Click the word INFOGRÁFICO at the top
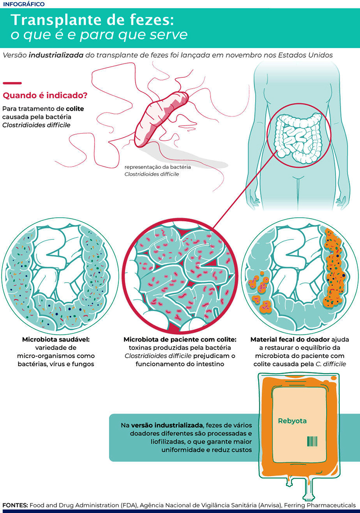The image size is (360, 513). click(24, 4)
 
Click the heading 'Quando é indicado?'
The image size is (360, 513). click(45, 95)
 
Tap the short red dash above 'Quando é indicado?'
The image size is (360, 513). click(12, 83)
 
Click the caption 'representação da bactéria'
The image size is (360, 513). click(157, 167)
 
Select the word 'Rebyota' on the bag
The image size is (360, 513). click(292, 421)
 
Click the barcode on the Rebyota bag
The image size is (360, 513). click(312, 441)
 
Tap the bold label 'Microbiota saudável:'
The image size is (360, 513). click(56, 340)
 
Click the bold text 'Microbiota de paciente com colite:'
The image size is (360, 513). click(180, 340)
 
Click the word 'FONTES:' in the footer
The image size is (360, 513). click(15, 505)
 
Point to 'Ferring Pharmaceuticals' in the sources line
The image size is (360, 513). click(320, 505)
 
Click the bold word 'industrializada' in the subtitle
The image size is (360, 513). click(56, 55)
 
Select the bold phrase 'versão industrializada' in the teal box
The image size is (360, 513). click(166, 425)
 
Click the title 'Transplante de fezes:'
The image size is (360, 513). click(92, 20)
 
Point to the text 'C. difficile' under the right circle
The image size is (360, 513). click(331, 364)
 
